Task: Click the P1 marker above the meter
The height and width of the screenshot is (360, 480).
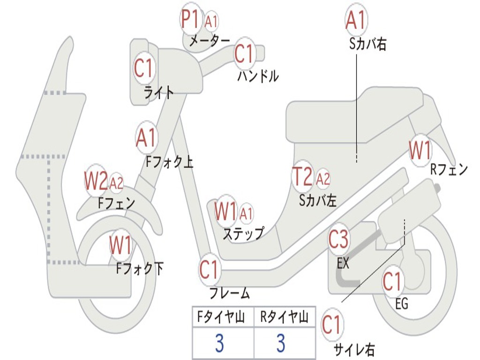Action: [191, 19]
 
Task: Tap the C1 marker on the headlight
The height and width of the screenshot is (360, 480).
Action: [143, 68]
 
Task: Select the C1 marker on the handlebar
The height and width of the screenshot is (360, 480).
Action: [244, 54]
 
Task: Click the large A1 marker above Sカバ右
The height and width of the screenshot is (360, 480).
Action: [356, 19]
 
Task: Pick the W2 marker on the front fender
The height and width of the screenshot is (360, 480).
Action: [96, 180]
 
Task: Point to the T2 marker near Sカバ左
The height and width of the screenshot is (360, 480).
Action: [303, 176]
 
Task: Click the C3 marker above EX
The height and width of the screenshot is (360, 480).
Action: [338, 239]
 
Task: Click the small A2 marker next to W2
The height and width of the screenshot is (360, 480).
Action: [116, 183]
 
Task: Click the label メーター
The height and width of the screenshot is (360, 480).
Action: [210, 40]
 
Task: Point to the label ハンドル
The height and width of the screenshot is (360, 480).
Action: [258, 76]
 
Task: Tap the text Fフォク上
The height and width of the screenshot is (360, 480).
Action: [169, 162]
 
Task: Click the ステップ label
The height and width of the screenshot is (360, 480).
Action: [243, 233]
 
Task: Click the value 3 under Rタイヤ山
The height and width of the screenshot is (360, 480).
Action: [281, 343]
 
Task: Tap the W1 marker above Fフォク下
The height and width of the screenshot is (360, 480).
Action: [120, 245]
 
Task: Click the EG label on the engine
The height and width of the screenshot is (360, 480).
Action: [402, 304]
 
